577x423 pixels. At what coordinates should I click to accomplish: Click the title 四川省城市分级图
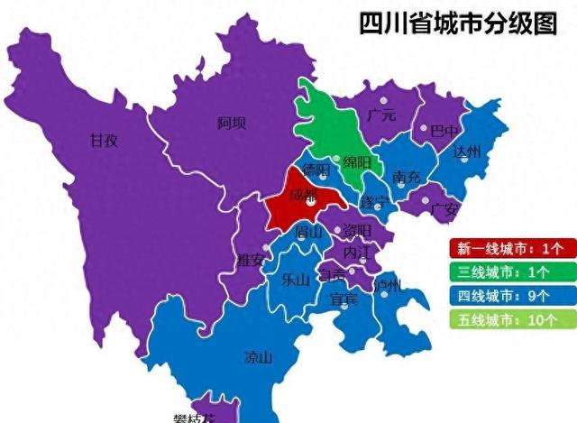[x=458, y=23]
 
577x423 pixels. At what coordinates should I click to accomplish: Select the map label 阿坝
[x=232, y=123]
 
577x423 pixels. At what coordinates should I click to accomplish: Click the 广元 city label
[x=381, y=115]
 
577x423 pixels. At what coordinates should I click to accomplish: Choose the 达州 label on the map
[x=468, y=151]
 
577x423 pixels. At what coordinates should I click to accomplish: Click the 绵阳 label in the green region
[x=356, y=162]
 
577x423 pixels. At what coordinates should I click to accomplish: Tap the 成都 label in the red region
[x=303, y=193]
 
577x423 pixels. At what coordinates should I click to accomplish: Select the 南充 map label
[x=407, y=178]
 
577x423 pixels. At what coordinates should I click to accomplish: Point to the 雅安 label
[x=250, y=261]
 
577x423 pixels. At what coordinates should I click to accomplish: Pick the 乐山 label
[x=296, y=279]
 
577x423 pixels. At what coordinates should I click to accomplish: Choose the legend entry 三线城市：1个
[x=509, y=271]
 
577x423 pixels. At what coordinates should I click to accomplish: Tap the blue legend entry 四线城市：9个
[x=509, y=295]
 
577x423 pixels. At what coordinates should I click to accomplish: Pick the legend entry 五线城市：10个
[x=509, y=318]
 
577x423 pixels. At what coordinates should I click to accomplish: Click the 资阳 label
[x=356, y=231]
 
